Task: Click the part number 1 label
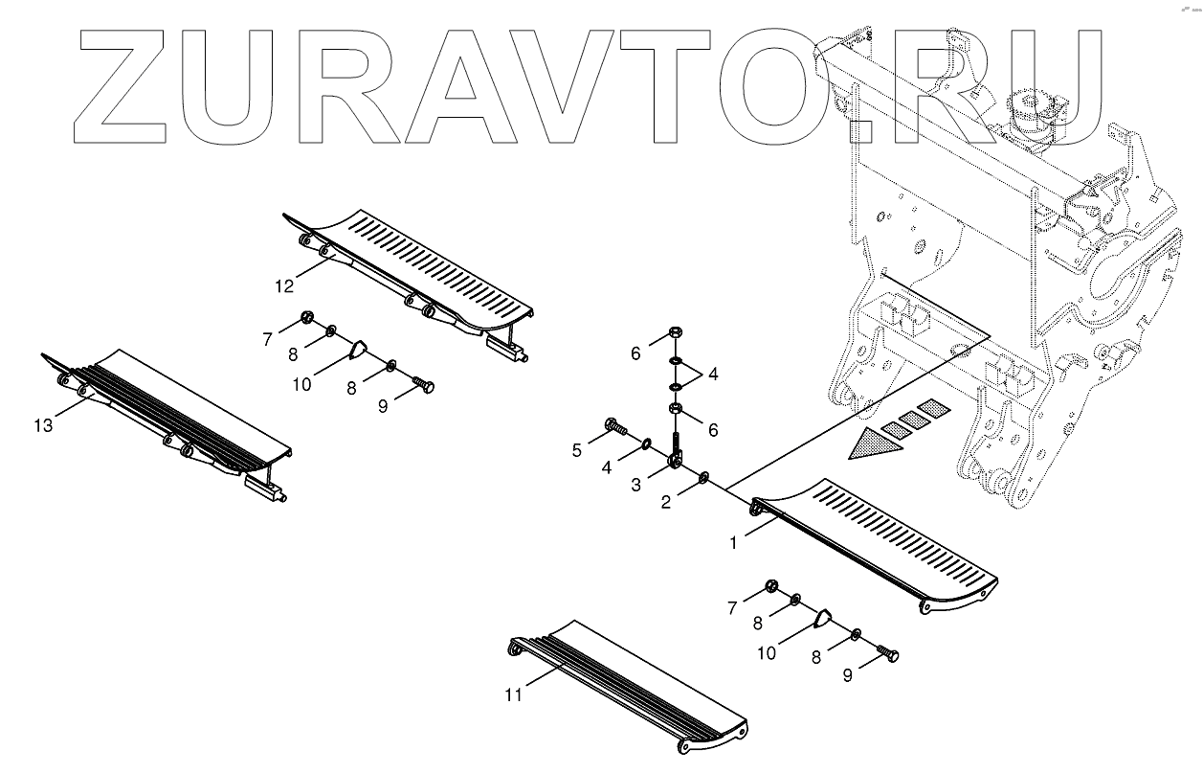point(733,543)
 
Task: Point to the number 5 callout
point(577,450)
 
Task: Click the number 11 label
point(514,694)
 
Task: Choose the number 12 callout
point(283,285)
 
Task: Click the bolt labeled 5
point(613,427)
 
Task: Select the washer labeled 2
point(703,477)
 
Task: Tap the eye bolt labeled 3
point(676,454)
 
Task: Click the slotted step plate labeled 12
point(421,273)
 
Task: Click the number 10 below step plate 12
point(301,384)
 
